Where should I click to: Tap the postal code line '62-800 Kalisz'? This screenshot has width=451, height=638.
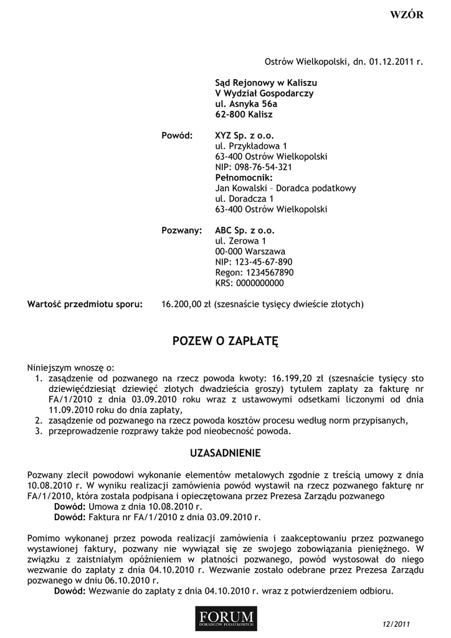click(x=244, y=115)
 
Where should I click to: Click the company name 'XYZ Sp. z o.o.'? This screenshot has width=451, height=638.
click(x=244, y=135)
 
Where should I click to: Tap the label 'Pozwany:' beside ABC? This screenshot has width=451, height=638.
click(x=182, y=231)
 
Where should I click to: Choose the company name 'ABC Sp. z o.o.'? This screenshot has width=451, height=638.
click(x=244, y=231)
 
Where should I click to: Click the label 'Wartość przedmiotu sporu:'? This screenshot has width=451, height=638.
click(x=85, y=305)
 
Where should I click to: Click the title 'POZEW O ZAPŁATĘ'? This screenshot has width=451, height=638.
click(x=225, y=341)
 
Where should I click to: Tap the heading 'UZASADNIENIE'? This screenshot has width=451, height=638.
click(x=225, y=452)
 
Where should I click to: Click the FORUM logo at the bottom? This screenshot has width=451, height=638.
click(x=225, y=617)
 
